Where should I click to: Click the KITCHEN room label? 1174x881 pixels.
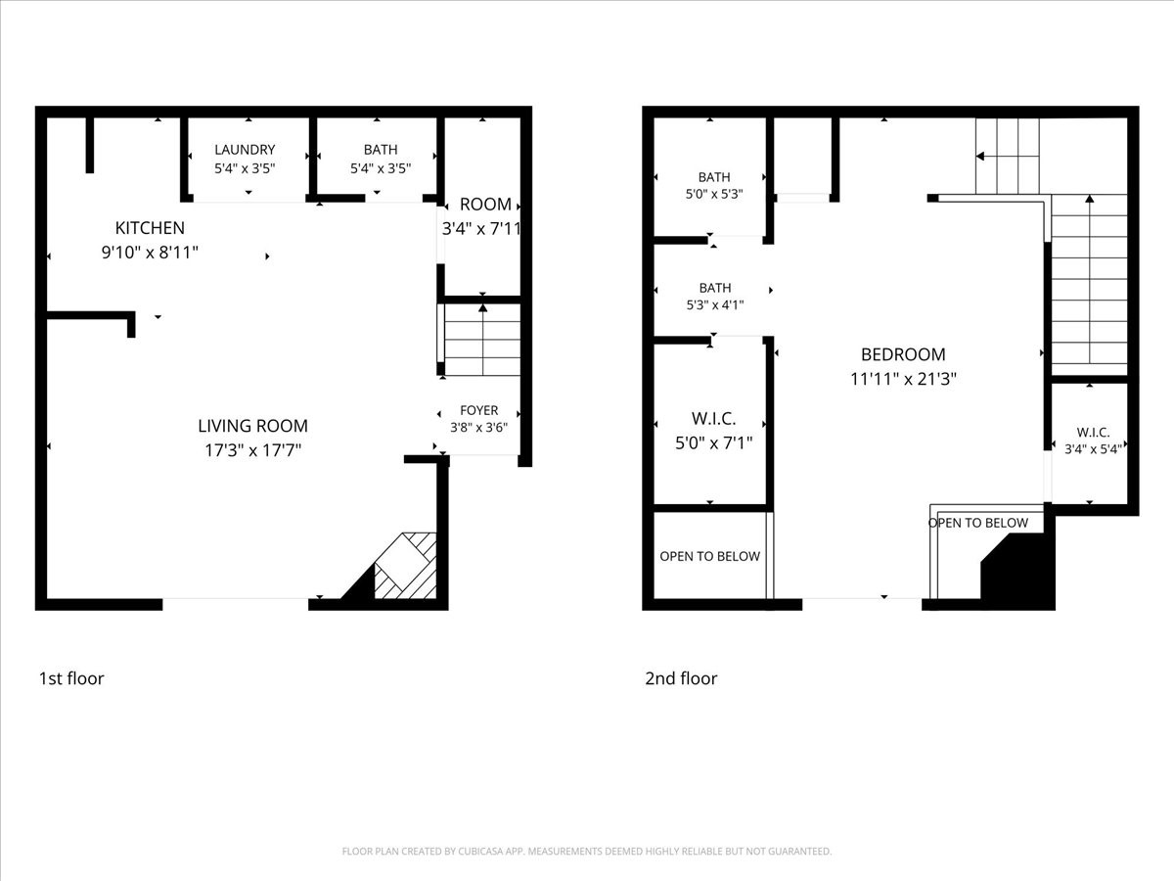pos(150,228)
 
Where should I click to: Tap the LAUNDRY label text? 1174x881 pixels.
pos(245,149)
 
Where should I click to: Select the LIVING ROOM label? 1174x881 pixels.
pos(253,426)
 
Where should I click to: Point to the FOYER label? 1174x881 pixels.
pos(478,410)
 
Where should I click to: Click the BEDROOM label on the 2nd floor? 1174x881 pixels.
pos(903,354)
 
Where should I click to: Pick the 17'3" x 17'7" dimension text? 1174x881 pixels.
pos(253,450)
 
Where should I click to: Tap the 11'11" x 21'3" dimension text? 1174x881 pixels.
pos(903,379)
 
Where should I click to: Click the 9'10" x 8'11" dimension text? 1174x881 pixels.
pos(150,252)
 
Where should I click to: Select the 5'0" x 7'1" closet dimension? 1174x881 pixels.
pos(713,442)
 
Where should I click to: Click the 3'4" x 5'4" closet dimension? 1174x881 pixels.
pos(1093,448)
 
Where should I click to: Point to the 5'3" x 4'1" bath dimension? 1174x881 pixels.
pos(715,304)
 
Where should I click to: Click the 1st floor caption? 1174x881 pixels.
pos(71,678)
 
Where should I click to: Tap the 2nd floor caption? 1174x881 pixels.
pos(681,678)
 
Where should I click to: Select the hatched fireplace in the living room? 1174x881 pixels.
pos(405,566)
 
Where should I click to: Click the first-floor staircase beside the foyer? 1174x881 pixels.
pos(482,340)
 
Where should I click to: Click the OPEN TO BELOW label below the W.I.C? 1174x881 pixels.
pos(709,556)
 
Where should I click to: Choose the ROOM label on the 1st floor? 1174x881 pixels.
pos(485,205)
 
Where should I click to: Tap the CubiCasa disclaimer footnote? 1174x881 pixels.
pos(587,851)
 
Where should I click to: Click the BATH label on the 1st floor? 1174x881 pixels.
pos(381,149)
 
